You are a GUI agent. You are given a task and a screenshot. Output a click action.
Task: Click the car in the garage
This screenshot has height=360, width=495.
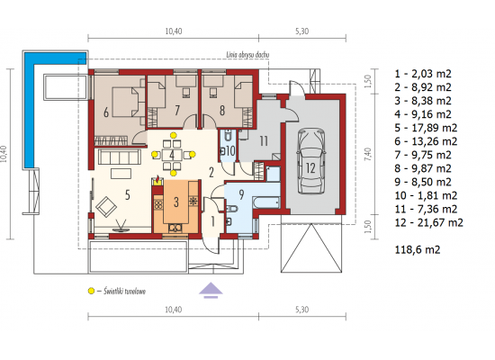311,161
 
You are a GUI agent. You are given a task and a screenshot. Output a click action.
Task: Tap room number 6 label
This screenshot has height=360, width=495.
106,112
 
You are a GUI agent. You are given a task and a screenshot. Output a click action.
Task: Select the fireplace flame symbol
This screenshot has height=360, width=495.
157,180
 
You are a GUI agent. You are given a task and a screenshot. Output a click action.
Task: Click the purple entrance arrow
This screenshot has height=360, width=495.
211,290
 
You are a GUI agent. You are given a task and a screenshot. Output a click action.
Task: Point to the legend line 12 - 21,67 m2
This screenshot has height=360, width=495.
428,222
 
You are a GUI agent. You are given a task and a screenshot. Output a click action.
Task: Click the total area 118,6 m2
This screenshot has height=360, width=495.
418,250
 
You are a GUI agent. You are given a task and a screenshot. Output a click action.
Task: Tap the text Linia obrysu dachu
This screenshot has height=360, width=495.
247,55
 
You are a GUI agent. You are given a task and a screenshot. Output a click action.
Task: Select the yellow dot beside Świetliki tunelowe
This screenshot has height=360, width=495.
91,291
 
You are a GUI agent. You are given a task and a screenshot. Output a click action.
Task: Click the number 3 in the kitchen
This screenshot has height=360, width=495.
176,202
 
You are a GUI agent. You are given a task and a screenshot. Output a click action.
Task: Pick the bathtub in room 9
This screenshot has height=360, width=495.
266,202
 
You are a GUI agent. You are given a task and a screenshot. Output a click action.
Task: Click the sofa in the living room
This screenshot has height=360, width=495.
120,157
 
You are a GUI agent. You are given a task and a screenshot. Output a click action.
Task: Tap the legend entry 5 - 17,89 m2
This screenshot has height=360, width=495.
426,128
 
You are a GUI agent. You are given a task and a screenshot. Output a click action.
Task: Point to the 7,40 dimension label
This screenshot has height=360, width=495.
368,154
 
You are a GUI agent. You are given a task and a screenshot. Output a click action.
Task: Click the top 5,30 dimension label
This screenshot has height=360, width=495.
301,31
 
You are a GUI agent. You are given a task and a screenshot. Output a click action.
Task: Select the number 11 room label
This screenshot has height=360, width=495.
264,141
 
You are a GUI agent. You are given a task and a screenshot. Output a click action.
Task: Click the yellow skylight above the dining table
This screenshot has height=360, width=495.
173,135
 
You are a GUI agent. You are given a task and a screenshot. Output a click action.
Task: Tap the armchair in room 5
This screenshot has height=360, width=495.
106,207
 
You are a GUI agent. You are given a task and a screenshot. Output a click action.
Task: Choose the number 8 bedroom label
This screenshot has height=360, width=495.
222,111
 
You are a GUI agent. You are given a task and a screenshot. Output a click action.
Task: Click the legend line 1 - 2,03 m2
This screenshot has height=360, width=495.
423,74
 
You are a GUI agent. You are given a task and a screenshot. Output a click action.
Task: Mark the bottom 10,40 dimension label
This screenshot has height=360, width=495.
174,310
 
